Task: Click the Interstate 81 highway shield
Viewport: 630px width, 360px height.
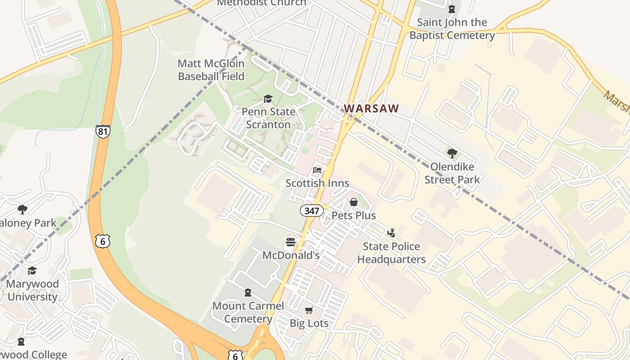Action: [103, 131]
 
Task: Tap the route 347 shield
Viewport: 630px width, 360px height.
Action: [311, 211]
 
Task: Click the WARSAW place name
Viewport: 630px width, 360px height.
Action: [372, 108]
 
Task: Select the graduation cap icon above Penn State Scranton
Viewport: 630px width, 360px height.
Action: [268, 99]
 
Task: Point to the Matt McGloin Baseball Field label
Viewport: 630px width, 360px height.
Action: [211, 70]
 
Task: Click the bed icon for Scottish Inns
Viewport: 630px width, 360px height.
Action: [317, 170]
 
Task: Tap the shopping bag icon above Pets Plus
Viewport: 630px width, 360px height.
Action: [354, 202]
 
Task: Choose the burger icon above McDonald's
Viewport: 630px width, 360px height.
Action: [291, 242]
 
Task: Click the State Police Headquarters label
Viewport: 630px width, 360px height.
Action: [391, 253]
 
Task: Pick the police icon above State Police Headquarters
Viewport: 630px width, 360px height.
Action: [391, 233]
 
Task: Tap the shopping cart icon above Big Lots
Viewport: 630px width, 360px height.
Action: [309, 310]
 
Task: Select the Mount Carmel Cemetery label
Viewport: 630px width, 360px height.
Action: [248, 312]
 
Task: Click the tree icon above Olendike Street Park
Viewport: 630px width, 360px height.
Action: [452, 153]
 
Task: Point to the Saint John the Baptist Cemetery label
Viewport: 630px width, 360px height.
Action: [452, 28]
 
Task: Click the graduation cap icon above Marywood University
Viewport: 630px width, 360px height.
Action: [32, 270]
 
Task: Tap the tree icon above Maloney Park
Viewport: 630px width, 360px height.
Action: [22, 209]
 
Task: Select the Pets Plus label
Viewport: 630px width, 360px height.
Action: [354, 216]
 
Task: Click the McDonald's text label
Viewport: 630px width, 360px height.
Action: [291, 256]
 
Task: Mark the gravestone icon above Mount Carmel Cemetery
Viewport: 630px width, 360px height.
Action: [248, 292]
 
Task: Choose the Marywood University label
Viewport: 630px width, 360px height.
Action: [32, 290]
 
